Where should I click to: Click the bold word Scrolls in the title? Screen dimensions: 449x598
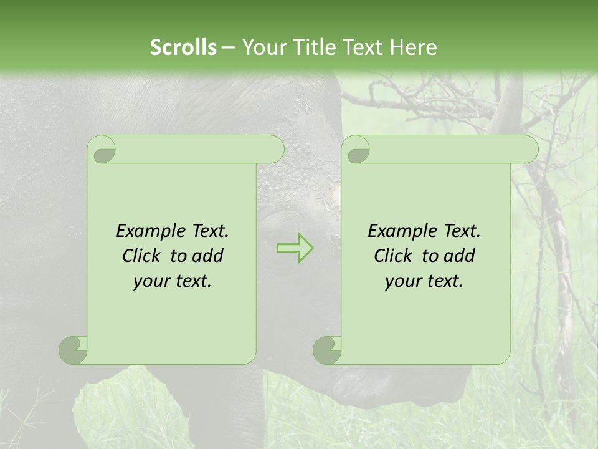click(x=183, y=47)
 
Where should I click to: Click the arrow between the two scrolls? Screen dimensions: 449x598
click(x=295, y=248)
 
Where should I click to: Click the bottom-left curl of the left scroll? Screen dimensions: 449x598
click(x=74, y=350)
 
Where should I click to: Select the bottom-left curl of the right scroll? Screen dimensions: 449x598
click(x=328, y=350)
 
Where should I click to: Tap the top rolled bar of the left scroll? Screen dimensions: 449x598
click(x=193, y=150)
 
